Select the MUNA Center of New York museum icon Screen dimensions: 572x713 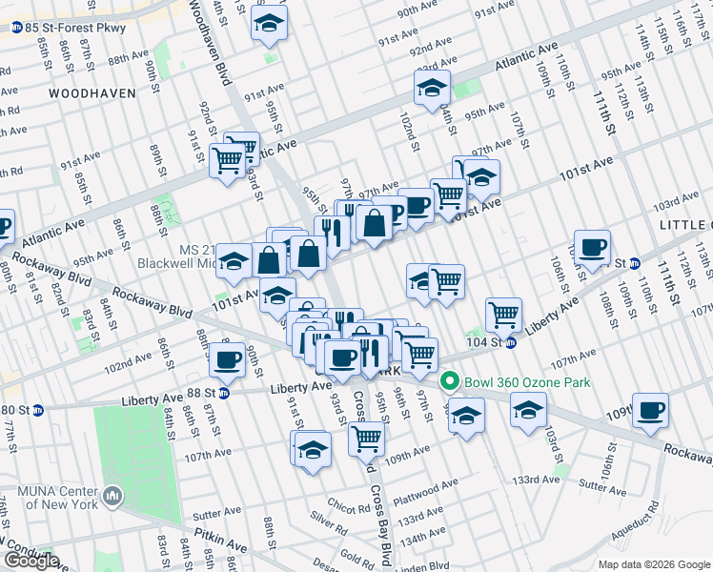113,495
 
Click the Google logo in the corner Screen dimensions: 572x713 31,561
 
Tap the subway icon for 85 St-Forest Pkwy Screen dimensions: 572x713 17,29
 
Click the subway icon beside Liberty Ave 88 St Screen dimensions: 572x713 224,392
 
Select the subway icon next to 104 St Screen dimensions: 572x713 511,342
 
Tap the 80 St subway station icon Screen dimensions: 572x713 38,411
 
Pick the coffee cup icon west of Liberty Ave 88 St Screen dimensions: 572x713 227,359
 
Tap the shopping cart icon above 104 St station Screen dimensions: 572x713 502,312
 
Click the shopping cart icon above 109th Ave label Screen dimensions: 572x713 366,438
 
